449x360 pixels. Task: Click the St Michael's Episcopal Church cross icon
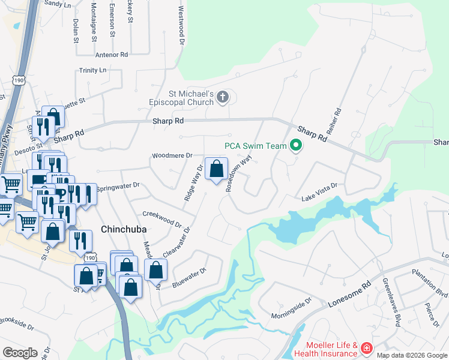pyautogui.click(x=223, y=97)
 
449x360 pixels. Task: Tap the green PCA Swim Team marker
pyautogui.click(x=295, y=145)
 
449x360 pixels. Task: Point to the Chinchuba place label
pyautogui.click(x=124, y=229)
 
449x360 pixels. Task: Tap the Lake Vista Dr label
pyautogui.click(x=319, y=191)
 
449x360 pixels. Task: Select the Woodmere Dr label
pyautogui.click(x=172, y=155)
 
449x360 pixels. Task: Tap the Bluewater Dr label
pyautogui.click(x=189, y=277)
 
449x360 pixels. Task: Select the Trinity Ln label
pyautogui.click(x=92, y=70)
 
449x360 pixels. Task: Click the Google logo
pyautogui.click(x=20, y=352)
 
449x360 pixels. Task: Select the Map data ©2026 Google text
pyautogui.click(x=412, y=355)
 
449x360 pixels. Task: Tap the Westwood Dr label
pyautogui.click(x=180, y=26)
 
